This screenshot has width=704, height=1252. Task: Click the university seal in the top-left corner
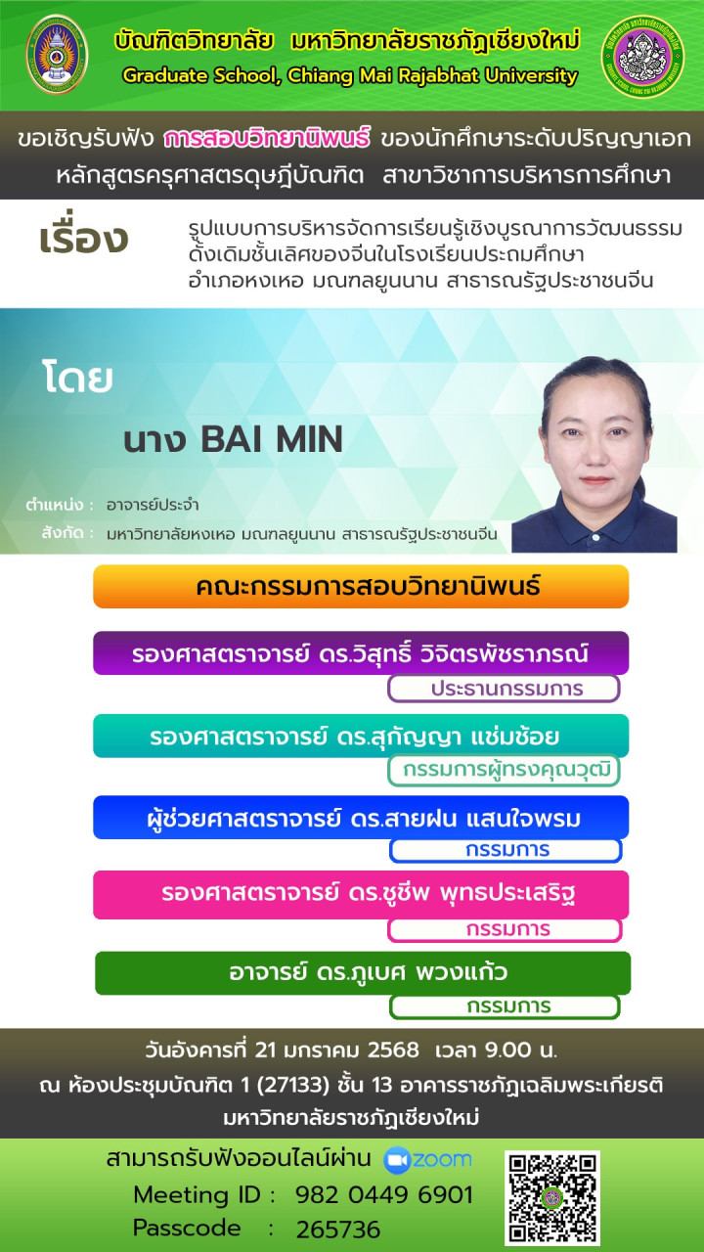57,54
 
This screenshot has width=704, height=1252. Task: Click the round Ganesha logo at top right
643,56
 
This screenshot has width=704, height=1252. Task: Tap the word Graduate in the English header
158,76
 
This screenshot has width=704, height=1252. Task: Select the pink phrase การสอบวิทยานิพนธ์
267,138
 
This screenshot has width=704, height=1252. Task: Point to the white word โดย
77,378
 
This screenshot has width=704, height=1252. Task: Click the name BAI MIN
272,439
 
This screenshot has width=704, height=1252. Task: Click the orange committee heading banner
361,586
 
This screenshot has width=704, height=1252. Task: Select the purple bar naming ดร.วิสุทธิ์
361,652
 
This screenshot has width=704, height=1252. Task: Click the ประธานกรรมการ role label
504,689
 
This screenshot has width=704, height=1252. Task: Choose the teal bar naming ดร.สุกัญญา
361,736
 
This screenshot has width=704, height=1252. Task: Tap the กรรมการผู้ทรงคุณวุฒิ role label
504,770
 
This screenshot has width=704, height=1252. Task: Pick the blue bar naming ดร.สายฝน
361,818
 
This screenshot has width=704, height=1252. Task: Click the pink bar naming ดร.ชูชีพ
361,895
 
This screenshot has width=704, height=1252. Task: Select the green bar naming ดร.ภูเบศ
363,973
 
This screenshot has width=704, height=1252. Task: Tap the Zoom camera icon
397,1160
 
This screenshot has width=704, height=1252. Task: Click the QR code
552,1197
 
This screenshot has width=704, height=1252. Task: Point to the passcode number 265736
338,1230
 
